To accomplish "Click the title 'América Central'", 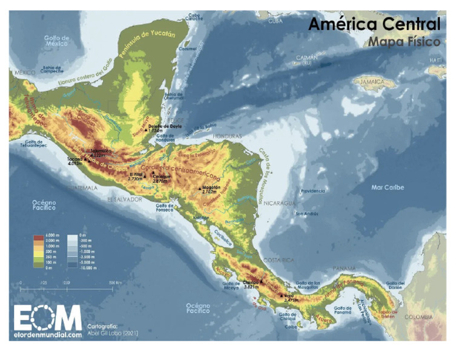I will pyautogui.click(x=374, y=24).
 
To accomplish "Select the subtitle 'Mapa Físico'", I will pyautogui.click(x=403, y=42).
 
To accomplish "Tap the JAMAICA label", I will pyautogui.click(x=376, y=81).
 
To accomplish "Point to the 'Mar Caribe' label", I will pyautogui.click(x=387, y=187).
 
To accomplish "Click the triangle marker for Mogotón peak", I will pyautogui.click(x=200, y=190).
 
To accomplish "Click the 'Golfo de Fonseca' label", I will pyautogui.click(x=165, y=208).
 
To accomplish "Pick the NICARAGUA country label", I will pyautogui.click(x=277, y=202).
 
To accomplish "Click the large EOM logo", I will pyautogui.click(x=47, y=317).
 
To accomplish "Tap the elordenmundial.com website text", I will pyautogui.click(x=47, y=334).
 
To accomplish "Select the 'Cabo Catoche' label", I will pyautogui.click(x=194, y=17).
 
